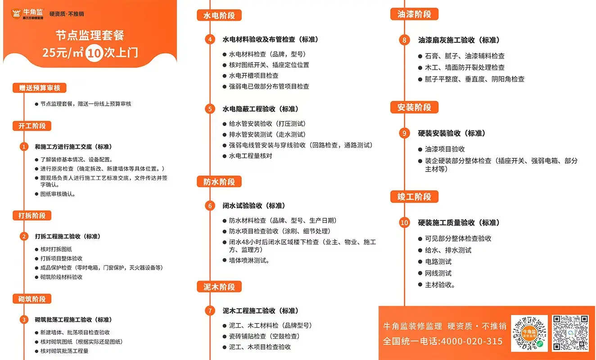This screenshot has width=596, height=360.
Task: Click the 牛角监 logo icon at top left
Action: [x=16, y=13]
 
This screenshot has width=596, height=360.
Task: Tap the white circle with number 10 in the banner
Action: [x=94, y=53]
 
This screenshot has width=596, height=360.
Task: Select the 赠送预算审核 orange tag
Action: [x=39, y=88]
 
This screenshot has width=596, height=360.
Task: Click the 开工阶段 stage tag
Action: [x=32, y=126]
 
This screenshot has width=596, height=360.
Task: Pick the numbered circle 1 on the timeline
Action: [x=24, y=147]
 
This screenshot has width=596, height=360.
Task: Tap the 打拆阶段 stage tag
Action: [x=32, y=216]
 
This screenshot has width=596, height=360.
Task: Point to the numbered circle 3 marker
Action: [x=24, y=319]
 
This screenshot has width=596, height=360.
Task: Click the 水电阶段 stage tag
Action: [x=219, y=15]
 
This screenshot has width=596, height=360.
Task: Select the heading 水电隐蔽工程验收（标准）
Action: [x=260, y=109]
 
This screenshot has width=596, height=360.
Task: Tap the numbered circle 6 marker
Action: [x=210, y=206]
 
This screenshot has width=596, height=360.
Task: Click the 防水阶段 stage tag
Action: [x=219, y=182]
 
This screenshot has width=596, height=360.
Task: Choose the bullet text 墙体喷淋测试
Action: [x=249, y=261]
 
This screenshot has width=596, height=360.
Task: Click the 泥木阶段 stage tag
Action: [x=219, y=287]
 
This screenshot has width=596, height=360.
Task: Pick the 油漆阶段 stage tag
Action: [x=414, y=14]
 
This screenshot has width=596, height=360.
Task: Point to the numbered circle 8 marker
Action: [x=404, y=40]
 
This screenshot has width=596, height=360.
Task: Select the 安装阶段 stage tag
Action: [x=414, y=107]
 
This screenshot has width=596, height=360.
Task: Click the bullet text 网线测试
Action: [x=438, y=273]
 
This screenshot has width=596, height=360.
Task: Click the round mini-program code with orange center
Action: [x=529, y=333]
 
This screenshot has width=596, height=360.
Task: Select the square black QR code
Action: [x=570, y=333]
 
